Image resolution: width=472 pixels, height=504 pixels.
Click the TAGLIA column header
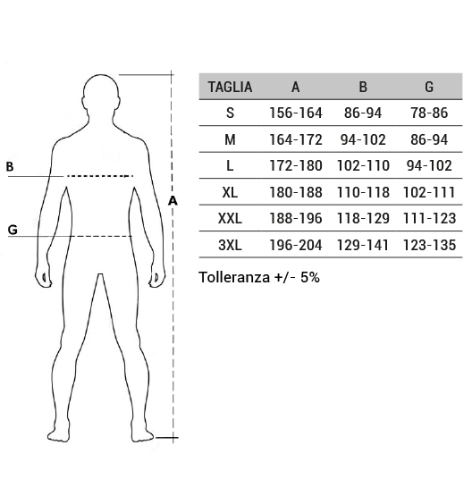(230, 87)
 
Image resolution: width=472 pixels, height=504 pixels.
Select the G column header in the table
(429, 87)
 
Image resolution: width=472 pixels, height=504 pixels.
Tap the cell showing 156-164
(296, 113)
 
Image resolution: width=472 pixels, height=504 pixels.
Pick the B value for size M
(363, 139)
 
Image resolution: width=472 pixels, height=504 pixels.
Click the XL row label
(230, 192)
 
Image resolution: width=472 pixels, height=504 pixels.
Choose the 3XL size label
(230, 245)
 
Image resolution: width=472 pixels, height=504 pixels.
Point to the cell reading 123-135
(429, 245)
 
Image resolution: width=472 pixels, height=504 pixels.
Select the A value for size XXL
(296, 219)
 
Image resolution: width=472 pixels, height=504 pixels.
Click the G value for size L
(429, 166)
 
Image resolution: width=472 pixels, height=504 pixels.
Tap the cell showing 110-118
(363, 192)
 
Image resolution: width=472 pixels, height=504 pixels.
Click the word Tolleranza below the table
(234, 277)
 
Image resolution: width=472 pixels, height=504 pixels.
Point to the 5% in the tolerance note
(310, 277)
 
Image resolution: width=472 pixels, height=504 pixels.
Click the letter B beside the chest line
(10, 166)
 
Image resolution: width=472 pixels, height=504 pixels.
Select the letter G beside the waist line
(13, 230)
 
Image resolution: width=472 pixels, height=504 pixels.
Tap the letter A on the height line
(173, 200)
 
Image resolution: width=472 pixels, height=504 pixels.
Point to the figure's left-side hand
(44, 276)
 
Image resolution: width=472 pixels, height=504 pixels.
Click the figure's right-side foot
(142, 434)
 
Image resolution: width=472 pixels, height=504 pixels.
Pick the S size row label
(230, 113)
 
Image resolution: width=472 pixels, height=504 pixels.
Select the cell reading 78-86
(429, 113)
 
